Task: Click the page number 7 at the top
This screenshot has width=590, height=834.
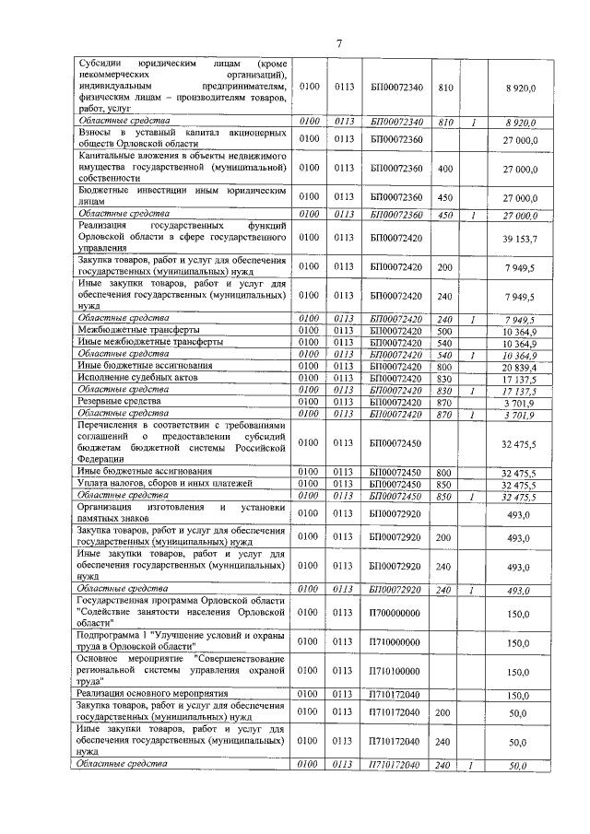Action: point(338,42)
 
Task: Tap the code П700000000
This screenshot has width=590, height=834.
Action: point(395,612)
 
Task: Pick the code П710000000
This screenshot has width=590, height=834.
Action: point(395,643)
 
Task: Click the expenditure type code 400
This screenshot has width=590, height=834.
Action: point(445,169)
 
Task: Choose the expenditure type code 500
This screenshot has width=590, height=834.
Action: point(445,330)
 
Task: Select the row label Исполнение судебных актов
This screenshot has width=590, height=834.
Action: point(133,378)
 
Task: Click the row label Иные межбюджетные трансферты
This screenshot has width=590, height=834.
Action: point(149,342)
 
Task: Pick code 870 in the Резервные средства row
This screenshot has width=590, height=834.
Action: point(445,402)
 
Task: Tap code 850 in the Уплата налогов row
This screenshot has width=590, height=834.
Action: point(445,484)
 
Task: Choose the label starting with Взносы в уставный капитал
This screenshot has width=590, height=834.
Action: point(181,139)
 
